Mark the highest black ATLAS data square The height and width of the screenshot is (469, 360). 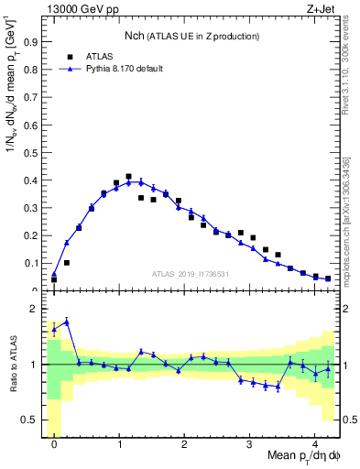128,176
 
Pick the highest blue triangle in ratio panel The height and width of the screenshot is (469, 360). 67,322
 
